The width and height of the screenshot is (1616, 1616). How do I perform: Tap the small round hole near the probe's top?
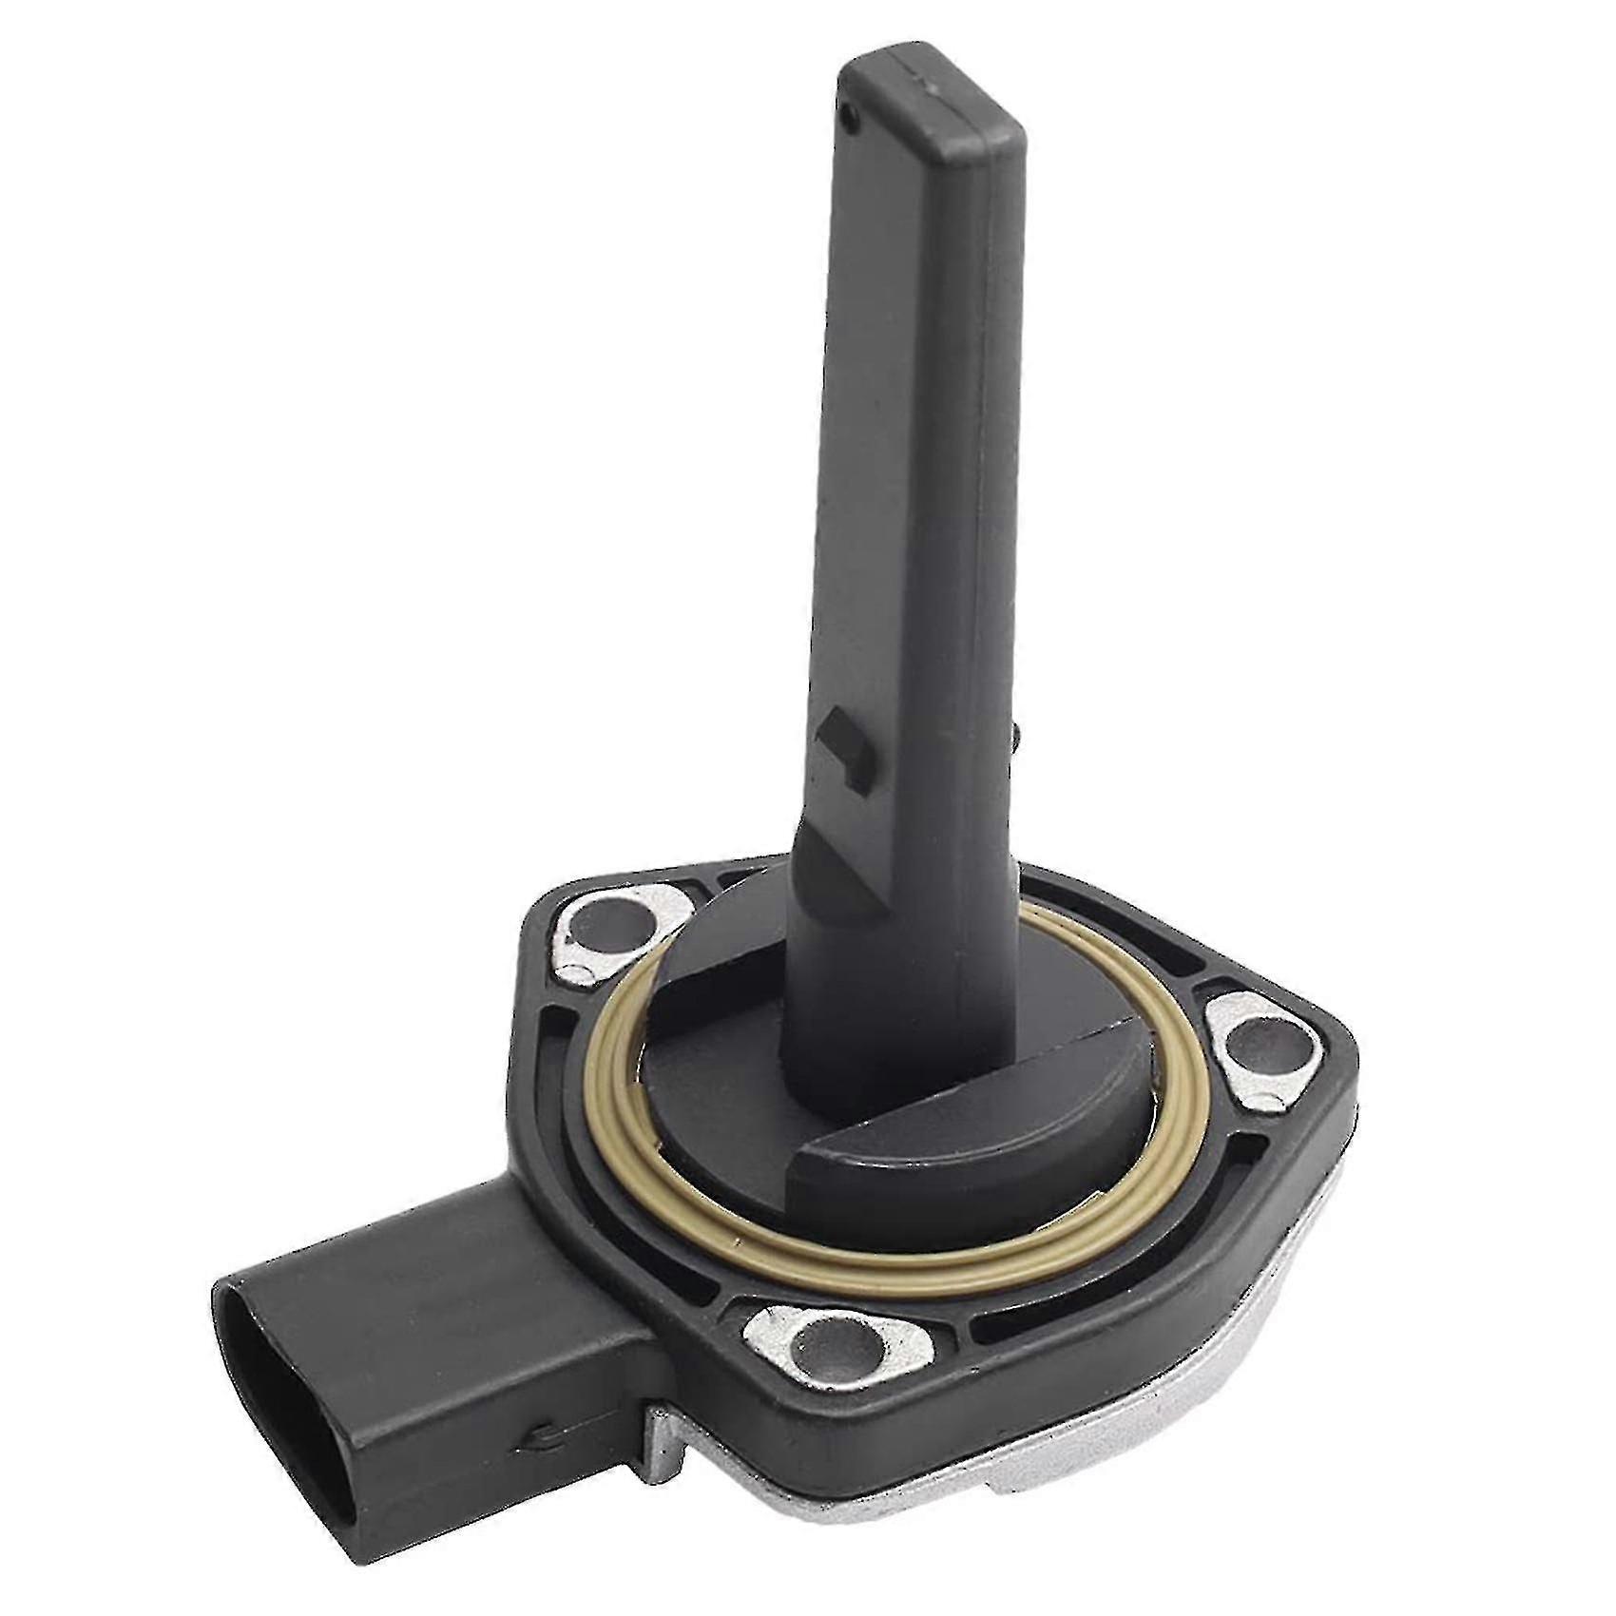point(853,119)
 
